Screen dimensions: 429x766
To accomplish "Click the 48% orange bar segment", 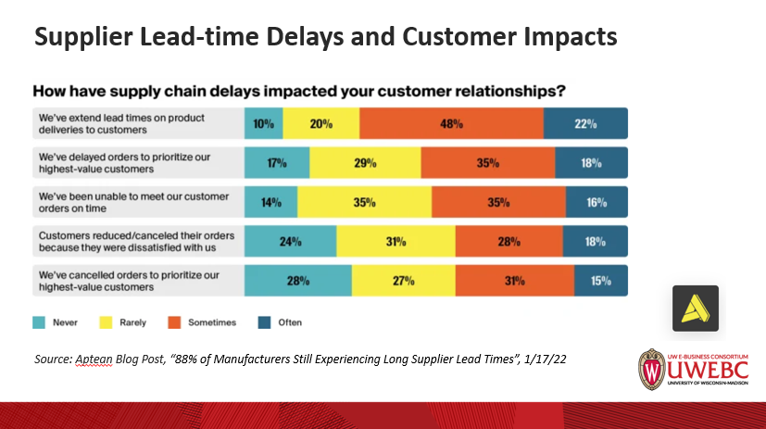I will pos(451,123).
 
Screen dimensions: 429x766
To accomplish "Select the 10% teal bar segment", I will pos(263,123).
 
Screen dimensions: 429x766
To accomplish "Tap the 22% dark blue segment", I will pos(585,123).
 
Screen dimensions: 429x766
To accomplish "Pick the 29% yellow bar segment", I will pos(365,162).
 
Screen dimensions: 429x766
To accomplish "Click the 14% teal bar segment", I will pos(270,201).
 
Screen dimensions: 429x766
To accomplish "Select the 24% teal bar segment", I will pos(290,241).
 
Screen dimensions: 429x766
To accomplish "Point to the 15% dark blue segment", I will pos(600,280).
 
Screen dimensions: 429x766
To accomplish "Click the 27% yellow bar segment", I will pos(403,280).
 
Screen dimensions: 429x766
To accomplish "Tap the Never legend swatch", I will pos(43,322).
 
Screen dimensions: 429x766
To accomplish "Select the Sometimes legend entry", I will pos(198,322).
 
